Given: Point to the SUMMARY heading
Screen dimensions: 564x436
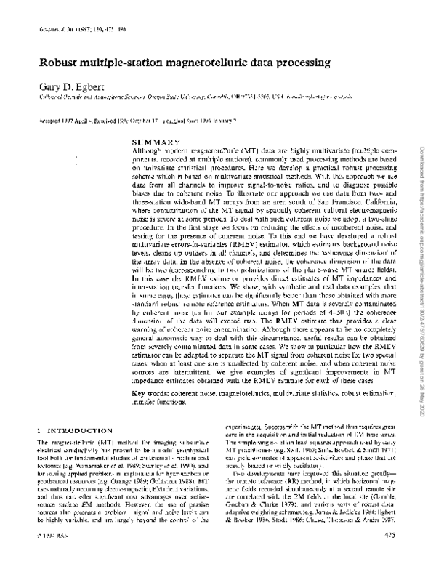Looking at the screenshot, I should [x=156, y=140].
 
